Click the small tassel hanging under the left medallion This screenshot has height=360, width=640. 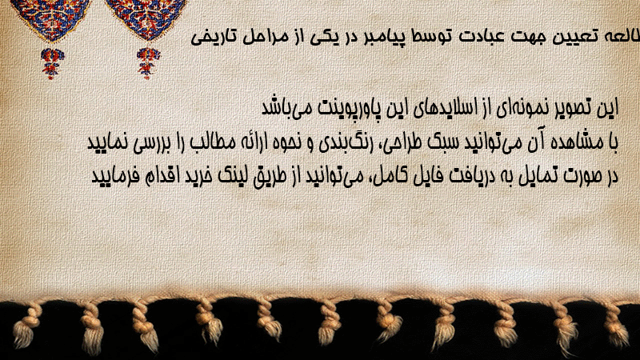point(52,63)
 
